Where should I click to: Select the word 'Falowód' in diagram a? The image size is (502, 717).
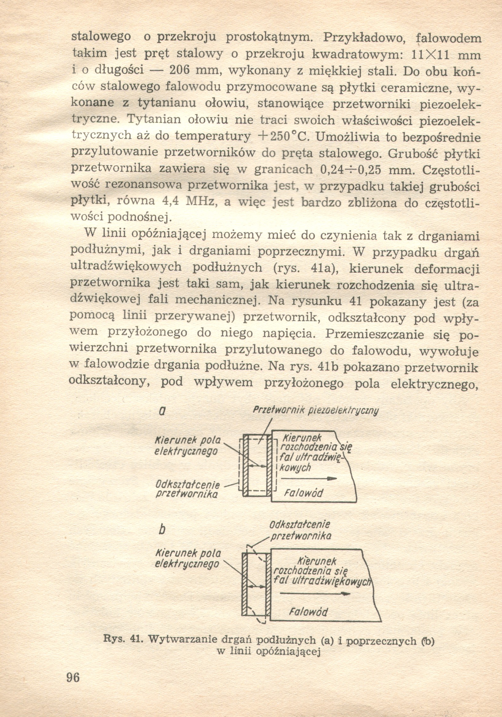303,493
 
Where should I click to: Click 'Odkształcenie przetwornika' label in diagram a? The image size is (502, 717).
188,489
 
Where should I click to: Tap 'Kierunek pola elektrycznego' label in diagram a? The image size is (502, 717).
188,446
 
